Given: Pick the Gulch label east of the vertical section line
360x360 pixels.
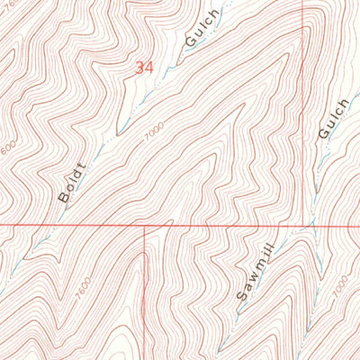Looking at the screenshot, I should click(x=327, y=119).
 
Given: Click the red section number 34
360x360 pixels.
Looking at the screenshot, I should click(x=144, y=67).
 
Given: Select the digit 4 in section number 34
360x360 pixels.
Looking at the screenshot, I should click(x=149, y=67).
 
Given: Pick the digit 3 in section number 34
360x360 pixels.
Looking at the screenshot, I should click(x=139, y=67).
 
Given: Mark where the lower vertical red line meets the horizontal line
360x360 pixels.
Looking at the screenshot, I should click(x=144, y=224).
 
